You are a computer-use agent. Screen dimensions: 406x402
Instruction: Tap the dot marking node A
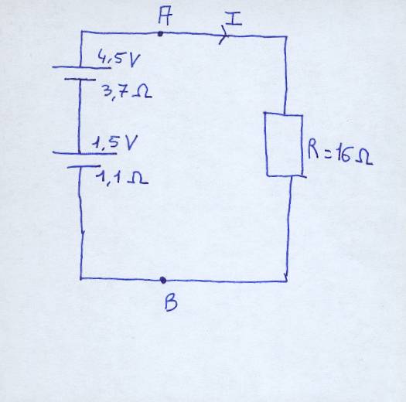tap(160, 34)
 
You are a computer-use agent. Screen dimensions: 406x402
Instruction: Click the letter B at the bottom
tap(171, 303)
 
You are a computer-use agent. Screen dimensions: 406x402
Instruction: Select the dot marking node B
tap(163, 280)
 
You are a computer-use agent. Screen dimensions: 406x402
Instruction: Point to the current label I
tap(234, 19)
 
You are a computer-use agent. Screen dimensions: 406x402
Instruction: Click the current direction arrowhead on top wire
tap(223, 35)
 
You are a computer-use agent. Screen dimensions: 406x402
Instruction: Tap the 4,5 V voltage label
tap(119, 60)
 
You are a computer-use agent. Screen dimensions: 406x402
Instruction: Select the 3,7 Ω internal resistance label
tap(127, 93)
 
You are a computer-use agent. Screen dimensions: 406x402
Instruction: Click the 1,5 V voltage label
tap(114, 143)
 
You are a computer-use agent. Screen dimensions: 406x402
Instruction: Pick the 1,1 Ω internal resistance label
tap(122, 178)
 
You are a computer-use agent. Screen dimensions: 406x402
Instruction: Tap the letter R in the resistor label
tap(313, 150)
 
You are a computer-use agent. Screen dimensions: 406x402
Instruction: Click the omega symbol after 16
tap(363, 158)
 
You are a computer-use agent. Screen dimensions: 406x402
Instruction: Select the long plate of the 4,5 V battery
tap(81, 67)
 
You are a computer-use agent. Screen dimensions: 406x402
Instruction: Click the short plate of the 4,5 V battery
tap(80, 79)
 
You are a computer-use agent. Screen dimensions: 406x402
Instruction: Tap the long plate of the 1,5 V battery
tap(84, 153)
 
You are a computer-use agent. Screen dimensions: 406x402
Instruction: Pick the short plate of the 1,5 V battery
tap(84, 166)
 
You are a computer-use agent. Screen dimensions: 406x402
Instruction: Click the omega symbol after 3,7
tap(142, 92)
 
